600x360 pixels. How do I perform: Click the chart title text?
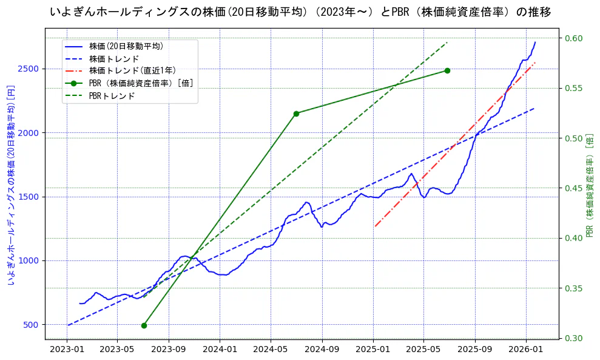point(300,12)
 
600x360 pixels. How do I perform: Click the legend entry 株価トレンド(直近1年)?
point(132,70)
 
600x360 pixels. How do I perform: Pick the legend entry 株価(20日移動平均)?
point(126,46)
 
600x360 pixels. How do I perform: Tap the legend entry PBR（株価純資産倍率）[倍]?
point(141,83)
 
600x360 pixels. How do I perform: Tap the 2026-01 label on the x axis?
point(525,350)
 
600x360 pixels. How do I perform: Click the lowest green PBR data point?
point(144,325)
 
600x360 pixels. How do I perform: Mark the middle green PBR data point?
point(296,114)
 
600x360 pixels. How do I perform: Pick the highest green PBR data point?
point(447,70)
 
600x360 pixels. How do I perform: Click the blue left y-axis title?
point(10,186)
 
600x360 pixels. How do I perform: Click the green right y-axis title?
point(589,186)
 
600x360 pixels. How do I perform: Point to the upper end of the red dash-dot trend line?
point(535,63)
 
